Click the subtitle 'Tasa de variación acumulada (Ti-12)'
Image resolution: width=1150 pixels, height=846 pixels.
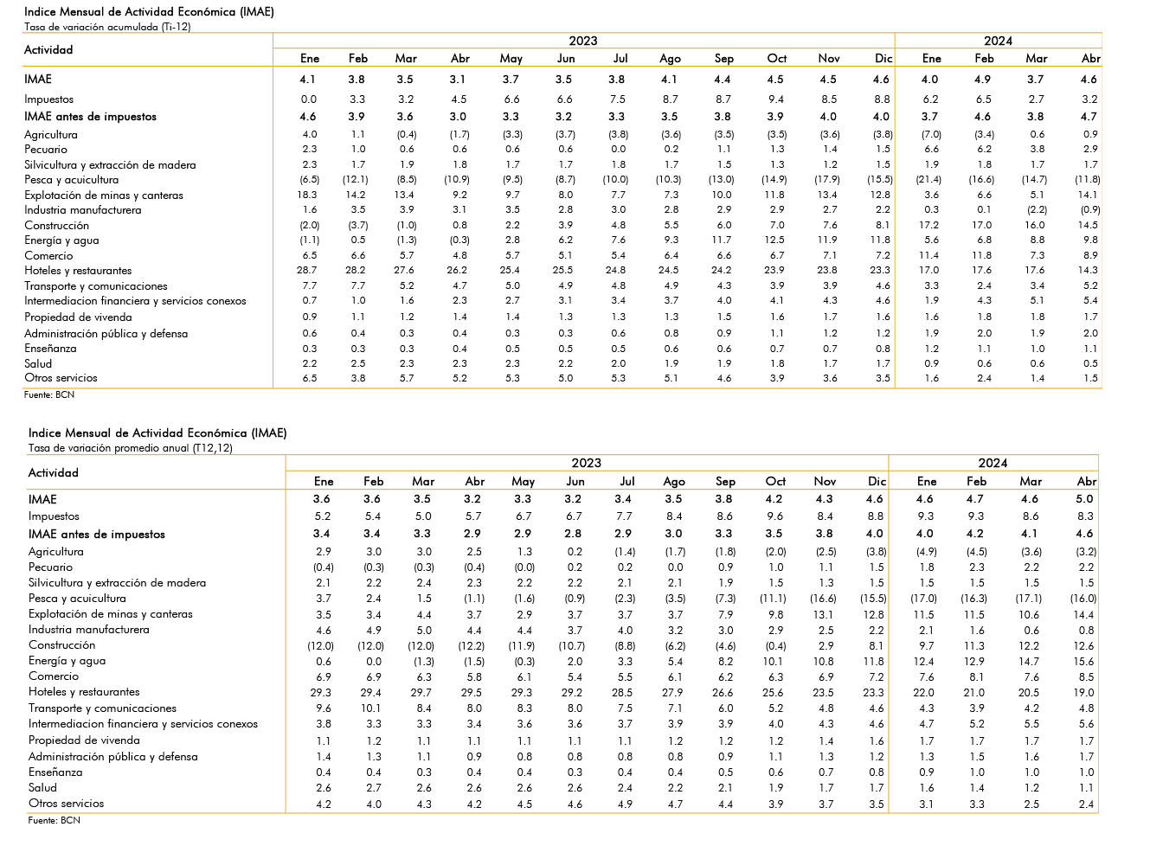pyautogui.click(x=107, y=27)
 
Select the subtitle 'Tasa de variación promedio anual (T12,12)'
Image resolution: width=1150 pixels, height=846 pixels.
pyautogui.click(x=131, y=447)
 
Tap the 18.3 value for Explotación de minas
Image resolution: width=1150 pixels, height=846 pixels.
pyautogui.click(x=310, y=195)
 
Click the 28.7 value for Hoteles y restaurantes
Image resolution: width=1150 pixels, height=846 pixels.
pyautogui.click(x=310, y=270)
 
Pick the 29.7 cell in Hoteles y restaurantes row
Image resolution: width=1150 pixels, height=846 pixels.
pyautogui.click(x=421, y=692)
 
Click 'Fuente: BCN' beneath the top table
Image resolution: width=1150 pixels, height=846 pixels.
pyautogui.click(x=49, y=394)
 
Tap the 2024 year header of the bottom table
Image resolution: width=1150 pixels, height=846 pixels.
pyautogui.click(x=993, y=463)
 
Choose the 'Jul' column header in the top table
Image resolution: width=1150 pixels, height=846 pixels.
pyautogui.click(x=620, y=59)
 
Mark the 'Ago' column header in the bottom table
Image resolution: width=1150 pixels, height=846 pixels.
pyautogui.click(x=673, y=482)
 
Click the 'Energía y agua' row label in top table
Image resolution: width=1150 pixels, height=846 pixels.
pyautogui.click(x=61, y=240)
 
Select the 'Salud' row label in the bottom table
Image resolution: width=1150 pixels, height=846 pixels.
pyautogui.click(x=42, y=787)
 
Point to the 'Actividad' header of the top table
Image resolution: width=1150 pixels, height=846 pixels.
pyautogui.click(x=48, y=50)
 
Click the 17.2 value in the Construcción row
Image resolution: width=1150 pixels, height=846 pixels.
pyautogui.click(x=931, y=225)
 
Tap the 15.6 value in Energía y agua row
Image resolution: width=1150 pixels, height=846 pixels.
pyautogui.click(x=1083, y=661)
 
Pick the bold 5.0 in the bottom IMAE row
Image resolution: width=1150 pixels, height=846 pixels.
pyautogui.click(x=1084, y=499)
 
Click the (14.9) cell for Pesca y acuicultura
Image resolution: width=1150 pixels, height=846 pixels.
pyautogui.click(x=774, y=180)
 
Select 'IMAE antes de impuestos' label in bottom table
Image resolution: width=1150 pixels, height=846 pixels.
pyautogui.click(x=97, y=535)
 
